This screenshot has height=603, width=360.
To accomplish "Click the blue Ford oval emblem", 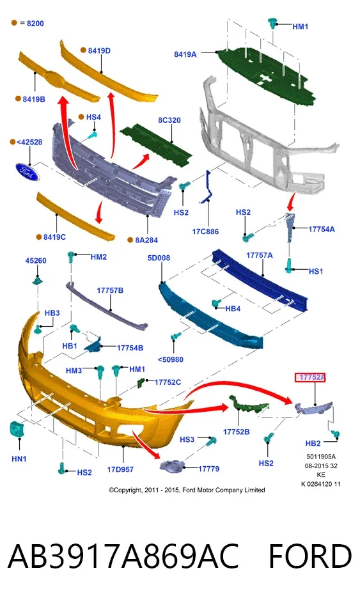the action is tap(27, 171).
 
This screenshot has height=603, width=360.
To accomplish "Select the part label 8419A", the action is tap(185, 54).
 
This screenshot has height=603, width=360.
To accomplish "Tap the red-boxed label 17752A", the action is tap(310, 377).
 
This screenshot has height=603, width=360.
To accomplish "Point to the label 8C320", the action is tap(169, 120).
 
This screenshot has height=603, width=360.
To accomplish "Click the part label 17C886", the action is tap(205, 231).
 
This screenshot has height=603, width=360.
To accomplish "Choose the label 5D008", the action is tap(159, 258).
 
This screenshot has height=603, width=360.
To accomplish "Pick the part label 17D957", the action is tap(120, 469).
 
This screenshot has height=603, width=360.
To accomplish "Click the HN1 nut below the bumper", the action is tap(17, 429).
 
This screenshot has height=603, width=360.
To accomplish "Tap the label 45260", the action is tap(36, 260).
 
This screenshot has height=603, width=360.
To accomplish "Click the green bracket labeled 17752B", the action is tap(248, 405).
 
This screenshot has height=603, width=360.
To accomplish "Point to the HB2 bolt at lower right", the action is tap(336, 435).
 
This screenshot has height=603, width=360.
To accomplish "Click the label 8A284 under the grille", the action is tap(146, 240).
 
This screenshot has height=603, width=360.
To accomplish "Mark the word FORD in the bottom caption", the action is tap(309, 556).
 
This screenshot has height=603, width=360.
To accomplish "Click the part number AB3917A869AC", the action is tap(123, 556).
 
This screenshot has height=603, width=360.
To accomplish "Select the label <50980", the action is tap(170, 359).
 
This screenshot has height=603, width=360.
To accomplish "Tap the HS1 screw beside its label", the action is tap(290, 265).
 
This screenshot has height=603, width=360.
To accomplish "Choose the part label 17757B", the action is tap(110, 290).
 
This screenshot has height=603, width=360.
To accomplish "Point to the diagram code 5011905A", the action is tap(321, 457).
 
